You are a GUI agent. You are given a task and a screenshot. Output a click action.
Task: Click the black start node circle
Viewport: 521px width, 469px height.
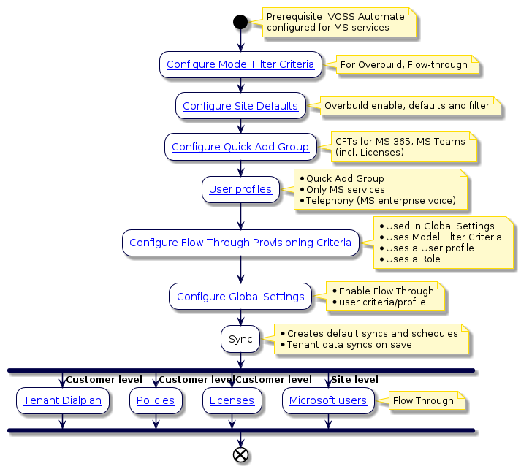coord(240,22)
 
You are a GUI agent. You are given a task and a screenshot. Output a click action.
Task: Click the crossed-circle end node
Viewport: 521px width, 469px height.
coord(240,454)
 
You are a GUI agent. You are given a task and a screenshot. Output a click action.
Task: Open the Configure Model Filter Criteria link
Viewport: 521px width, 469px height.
coord(240,64)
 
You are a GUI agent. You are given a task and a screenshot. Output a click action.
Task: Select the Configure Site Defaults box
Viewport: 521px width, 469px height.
coord(240,106)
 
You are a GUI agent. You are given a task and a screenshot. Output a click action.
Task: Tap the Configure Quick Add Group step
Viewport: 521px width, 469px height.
coord(240,147)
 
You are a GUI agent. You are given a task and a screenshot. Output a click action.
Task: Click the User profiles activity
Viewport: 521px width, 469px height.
coord(240,189)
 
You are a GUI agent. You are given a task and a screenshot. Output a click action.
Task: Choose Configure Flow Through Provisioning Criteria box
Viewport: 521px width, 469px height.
coord(240,243)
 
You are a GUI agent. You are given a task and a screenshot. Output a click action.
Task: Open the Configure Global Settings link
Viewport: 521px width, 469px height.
coord(240,297)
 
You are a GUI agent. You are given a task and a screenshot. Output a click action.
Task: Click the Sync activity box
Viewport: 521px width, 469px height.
coord(240,339)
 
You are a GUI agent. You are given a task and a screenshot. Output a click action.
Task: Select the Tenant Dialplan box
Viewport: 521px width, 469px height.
coord(63,400)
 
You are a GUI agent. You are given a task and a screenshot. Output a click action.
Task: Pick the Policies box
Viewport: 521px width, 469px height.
coord(155,400)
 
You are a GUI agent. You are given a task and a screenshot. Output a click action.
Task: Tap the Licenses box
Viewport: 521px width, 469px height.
coord(232,400)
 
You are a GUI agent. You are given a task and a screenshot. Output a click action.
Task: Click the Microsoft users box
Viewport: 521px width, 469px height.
coord(328,400)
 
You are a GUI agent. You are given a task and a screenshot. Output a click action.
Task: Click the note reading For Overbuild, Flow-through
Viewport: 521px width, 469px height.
coord(404,64)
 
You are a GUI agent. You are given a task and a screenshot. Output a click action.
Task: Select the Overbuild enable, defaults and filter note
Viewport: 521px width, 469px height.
coord(407,106)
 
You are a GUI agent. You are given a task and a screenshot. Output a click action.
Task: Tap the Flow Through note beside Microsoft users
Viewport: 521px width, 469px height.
coord(423,400)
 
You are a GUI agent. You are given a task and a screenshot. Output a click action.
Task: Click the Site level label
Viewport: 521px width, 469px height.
coord(355,380)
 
